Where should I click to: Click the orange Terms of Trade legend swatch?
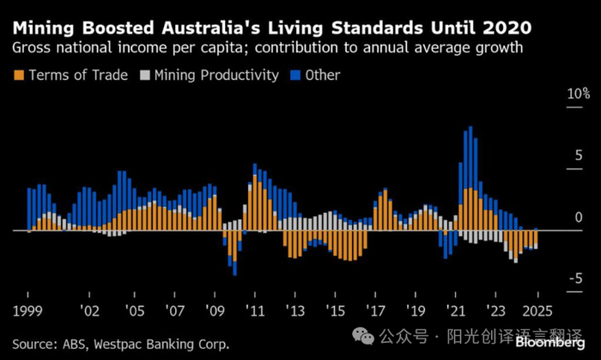(x=18, y=76)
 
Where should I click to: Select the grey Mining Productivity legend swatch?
(x=140, y=76)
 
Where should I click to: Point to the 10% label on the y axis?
(x=555, y=93)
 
